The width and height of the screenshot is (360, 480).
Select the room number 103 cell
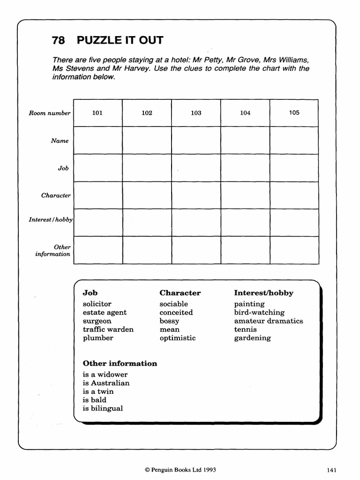point(196,113)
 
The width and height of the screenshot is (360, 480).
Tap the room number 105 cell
point(294,112)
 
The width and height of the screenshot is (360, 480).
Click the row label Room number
point(49,113)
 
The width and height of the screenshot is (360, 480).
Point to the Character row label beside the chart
point(56,195)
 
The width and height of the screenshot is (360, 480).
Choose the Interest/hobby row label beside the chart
point(51,219)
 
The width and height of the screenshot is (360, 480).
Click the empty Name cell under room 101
point(98,140)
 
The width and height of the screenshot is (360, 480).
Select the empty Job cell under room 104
point(245,168)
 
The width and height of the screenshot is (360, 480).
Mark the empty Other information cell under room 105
point(294,250)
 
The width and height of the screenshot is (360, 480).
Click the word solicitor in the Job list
point(97,304)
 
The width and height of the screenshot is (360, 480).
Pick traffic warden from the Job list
point(108,329)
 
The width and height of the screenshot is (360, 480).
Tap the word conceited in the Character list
point(176,312)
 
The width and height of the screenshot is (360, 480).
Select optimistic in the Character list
point(177,337)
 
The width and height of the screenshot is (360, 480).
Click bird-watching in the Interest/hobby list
point(259,312)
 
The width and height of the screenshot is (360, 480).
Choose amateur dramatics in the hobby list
point(269,321)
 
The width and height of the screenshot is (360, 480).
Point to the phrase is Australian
point(106,383)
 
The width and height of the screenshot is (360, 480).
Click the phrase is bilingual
point(103,408)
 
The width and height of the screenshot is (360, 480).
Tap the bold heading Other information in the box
point(120,363)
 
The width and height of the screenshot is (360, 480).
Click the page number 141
point(331,469)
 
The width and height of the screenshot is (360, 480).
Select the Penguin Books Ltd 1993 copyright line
point(180,469)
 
